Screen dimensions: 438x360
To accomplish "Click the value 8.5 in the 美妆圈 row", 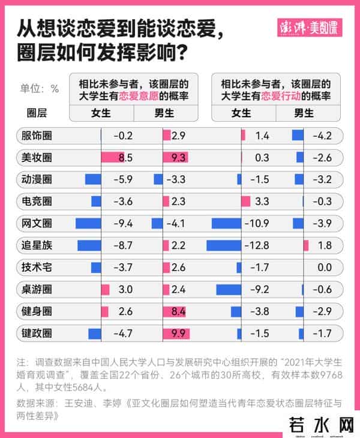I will (x=125, y=158).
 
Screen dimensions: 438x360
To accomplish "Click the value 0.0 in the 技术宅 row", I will (x=325, y=268).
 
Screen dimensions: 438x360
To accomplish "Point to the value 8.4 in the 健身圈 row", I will (x=178, y=311).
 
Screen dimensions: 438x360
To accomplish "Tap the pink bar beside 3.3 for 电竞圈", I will (x=245, y=202).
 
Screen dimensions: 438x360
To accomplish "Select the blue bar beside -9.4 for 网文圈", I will (x=88, y=224).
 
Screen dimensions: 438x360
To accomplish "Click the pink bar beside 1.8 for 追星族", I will (x=305, y=245).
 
